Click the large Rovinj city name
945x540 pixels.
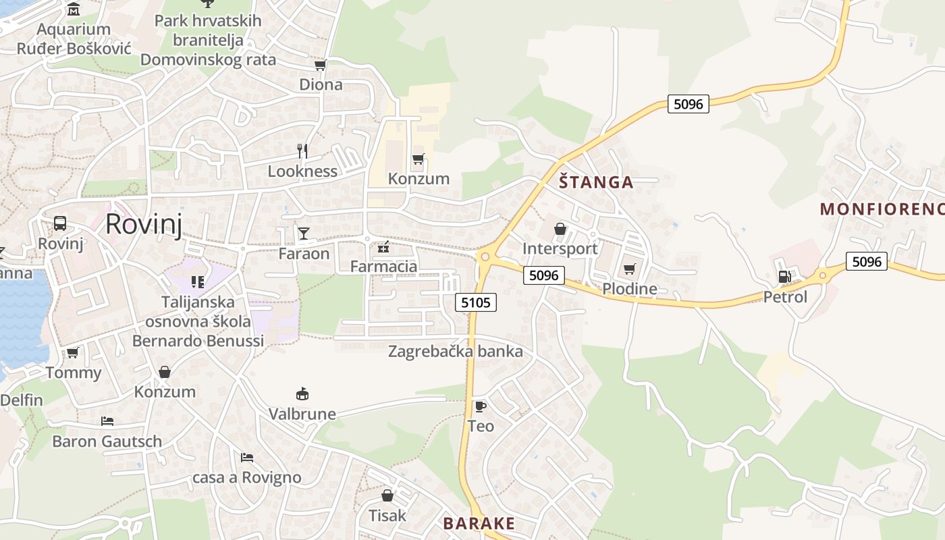point(144,224)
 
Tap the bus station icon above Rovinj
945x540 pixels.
point(60,223)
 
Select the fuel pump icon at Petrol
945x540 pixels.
point(784,277)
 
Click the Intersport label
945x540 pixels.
point(560,248)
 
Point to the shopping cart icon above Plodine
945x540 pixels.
point(629,269)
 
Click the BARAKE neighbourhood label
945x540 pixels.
point(479,523)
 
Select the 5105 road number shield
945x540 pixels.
point(476,302)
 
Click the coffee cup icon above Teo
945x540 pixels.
point(480,406)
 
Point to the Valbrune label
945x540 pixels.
point(302,414)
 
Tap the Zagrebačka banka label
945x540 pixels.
point(455,351)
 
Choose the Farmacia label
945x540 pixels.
point(383,267)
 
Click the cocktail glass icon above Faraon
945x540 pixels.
point(304,234)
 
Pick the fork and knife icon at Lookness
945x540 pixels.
point(302,151)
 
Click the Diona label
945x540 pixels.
point(321,85)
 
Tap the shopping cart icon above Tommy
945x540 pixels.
point(73,352)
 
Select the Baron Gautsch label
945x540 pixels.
point(107,441)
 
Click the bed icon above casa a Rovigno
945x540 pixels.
point(247,458)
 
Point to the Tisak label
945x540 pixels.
point(387,516)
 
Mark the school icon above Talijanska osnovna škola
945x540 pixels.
point(197,281)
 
